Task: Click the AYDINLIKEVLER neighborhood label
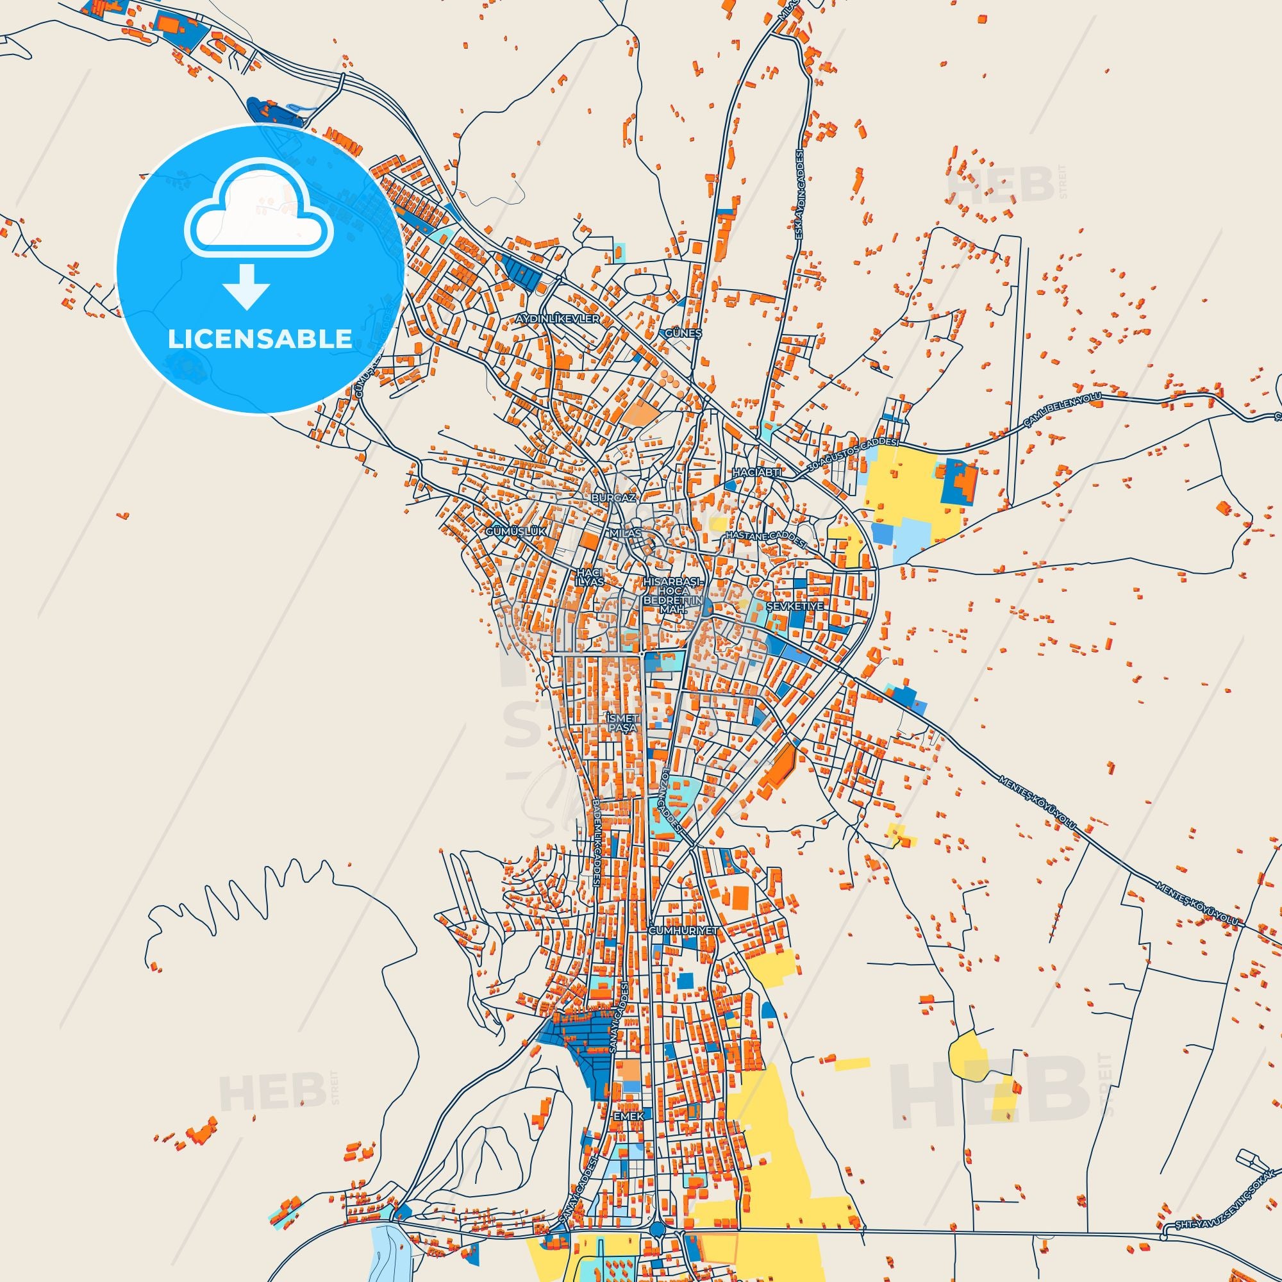558,319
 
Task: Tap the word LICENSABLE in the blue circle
260,338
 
